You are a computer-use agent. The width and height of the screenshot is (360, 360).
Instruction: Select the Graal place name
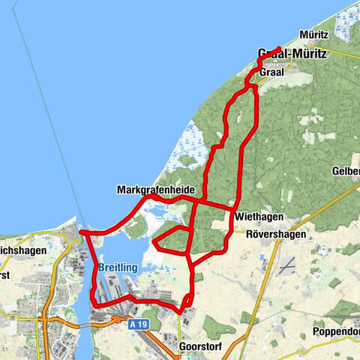pyautogui.click(x=271, y=73)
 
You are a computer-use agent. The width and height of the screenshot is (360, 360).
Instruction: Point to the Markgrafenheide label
pyautogui.click(x=153, y=190)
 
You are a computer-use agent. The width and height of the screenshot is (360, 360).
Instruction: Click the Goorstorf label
pyautogui.click(x=200, y=348)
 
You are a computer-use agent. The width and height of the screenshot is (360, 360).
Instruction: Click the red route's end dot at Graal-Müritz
pyautogui.click(x=278, y=49)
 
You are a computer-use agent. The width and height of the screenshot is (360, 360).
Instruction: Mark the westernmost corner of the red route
pyautogui.click(x=80, y=233)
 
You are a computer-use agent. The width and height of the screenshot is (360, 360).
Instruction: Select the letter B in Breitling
pyautogui.click(x=102, y=267)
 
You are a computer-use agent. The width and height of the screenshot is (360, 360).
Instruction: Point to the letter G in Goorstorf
pyautogui.click(x=183, y=348)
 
